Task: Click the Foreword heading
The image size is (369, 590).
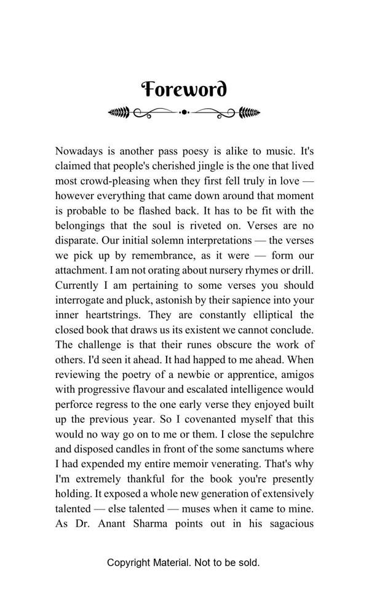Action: pyautogui.click(x=184, y=90)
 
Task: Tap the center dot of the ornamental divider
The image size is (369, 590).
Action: pyautogui.click(x=184, y=112)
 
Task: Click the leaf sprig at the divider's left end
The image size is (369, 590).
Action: pyautogui.click(x=119, y=112)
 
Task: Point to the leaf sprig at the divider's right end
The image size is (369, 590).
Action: pyautogui.click(x=250, y=112)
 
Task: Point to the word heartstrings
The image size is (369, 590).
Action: pyautogui.click(x=113, y=315)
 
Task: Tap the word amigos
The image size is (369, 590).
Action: pyautogui.click(x=296, y=375)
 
